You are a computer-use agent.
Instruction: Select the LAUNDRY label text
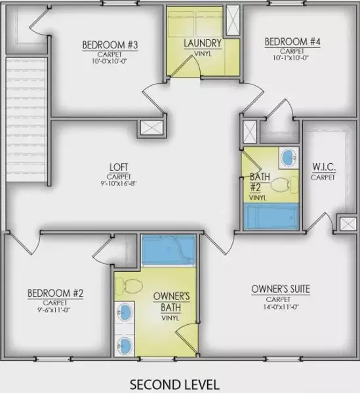203,44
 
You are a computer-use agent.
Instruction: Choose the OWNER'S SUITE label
280,289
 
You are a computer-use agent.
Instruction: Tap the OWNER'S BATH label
171,301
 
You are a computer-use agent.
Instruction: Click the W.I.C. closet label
323,168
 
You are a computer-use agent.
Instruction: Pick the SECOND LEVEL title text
174,383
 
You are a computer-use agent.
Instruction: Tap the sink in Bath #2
287,157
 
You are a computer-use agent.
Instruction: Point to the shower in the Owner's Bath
169,251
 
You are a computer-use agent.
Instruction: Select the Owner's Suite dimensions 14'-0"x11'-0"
280,307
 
